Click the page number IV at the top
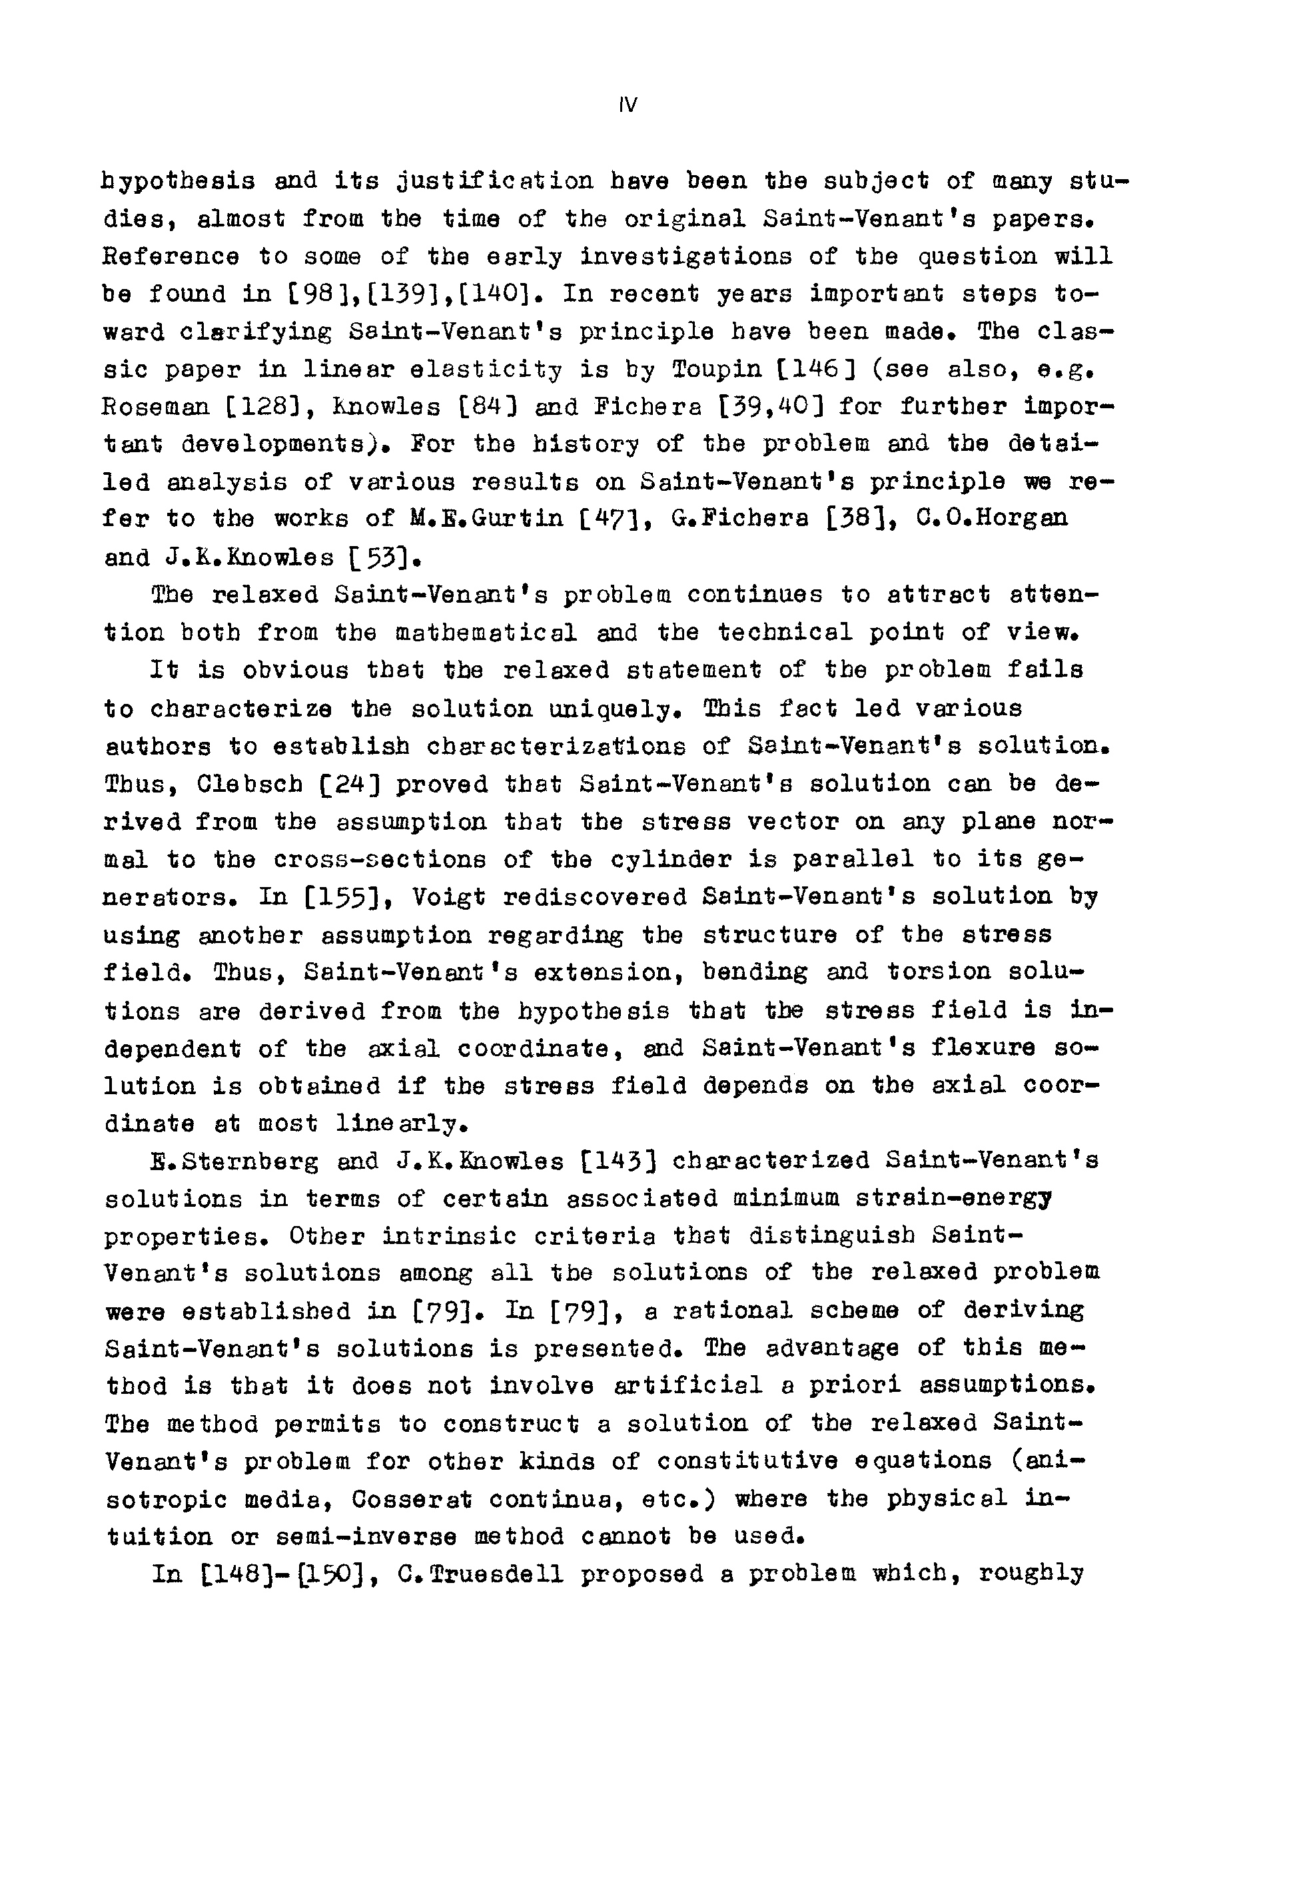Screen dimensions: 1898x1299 point(628,105)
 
